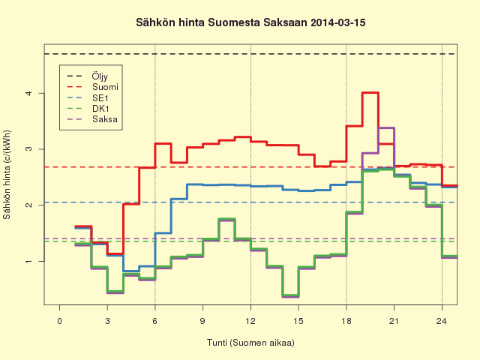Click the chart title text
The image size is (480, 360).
click(x=250, y=22)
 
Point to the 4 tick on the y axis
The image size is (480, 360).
click(x=29, y=93)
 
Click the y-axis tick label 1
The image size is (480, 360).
click(x=29, y=261)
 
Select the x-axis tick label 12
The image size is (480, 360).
click(x=250, y=321)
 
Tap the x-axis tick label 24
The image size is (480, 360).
click(x=442, y=321)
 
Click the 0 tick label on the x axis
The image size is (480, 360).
click(x=60, y=321)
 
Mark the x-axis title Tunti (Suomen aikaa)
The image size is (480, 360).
click(x=250, y=343)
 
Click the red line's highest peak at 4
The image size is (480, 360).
click(x=370, y=92)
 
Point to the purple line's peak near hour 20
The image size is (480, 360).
click(x=386, y=127)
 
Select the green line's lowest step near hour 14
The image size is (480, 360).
click(x=290, y=295)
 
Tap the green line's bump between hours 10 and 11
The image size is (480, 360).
click(x=226, y=219)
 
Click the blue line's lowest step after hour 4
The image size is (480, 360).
click(x=131, y=271)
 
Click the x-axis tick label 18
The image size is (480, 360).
click(x=346, y=321)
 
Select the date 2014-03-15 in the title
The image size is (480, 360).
click(x=338, y=22)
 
